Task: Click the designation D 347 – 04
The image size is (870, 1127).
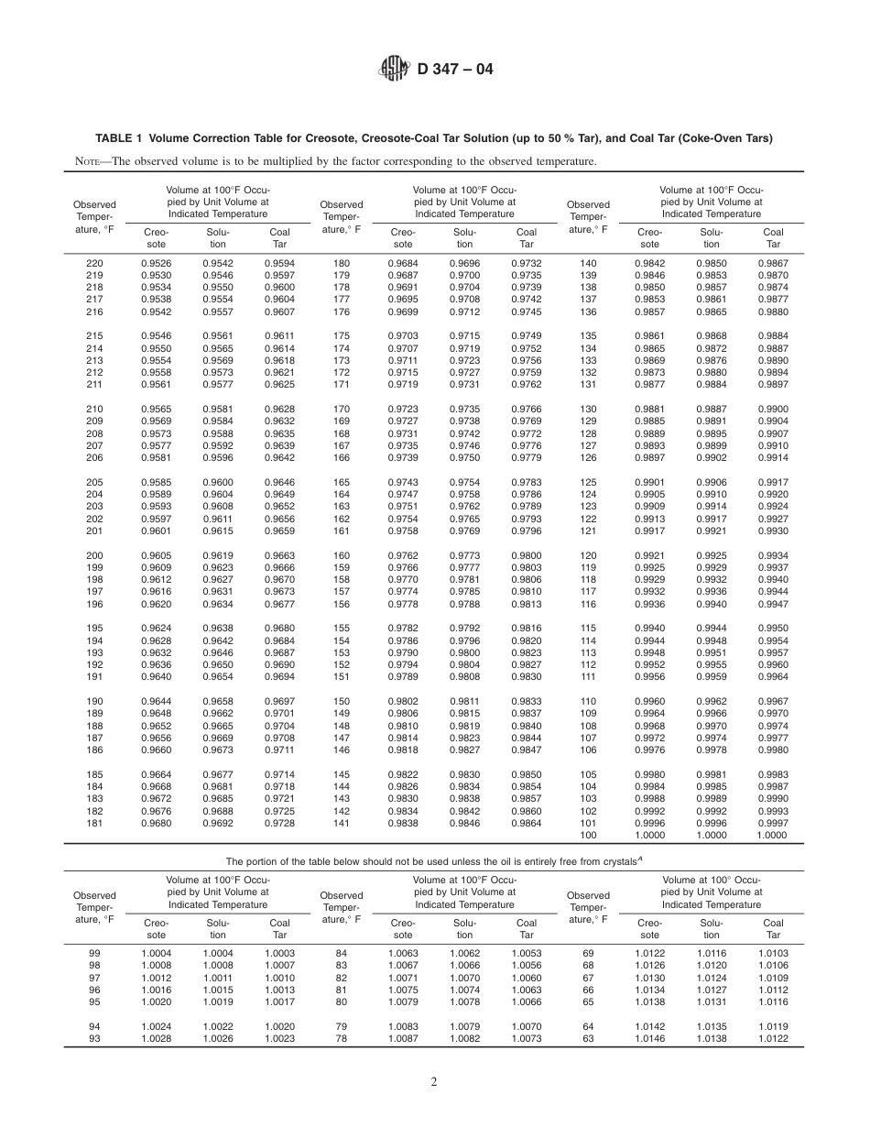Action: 455,69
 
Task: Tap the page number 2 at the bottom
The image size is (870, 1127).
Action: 435,1081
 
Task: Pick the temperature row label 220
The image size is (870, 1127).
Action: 94,264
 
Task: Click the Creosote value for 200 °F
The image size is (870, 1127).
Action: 156,556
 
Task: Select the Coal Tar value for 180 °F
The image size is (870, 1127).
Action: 527,264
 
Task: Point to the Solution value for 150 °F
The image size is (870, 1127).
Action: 464,702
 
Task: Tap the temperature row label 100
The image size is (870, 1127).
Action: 588,836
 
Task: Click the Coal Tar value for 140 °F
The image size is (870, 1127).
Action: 773,264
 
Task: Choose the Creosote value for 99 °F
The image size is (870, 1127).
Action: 156,954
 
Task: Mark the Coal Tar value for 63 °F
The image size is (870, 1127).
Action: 773,1039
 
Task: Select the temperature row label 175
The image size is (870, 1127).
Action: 342,336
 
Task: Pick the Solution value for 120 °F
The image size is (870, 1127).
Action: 712,556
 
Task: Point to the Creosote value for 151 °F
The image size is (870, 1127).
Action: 403,677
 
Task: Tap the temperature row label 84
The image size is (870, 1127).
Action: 342,954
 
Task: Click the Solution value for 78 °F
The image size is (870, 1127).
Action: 464,1039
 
